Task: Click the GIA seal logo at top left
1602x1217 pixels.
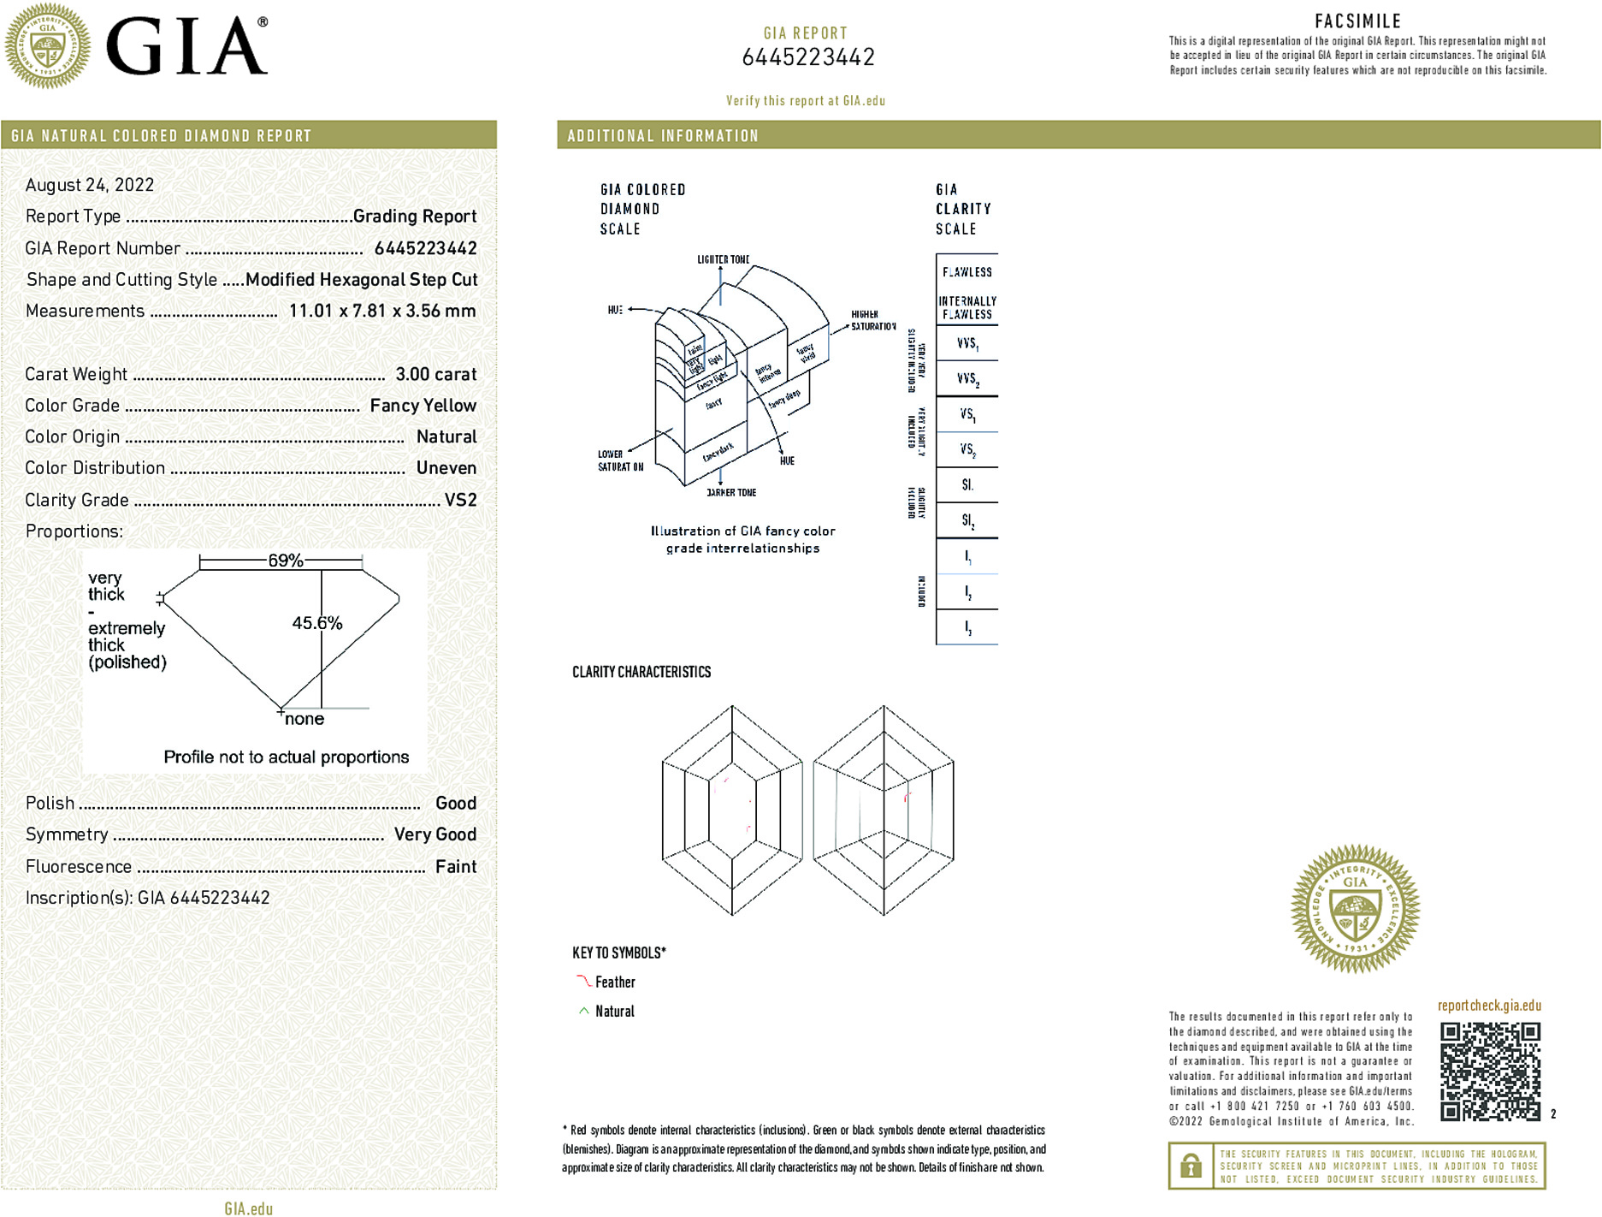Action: click(48, 46)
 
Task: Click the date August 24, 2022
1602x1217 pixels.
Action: click(90, 185)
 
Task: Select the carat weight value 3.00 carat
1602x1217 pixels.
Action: click(435, 374)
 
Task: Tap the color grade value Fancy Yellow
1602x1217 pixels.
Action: click(423, 406)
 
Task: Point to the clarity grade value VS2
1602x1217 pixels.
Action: click(460, 500)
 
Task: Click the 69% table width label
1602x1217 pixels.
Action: click(285, 561)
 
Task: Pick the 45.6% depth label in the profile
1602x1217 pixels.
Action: click(317, 623)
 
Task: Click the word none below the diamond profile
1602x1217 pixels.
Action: click(304, 719)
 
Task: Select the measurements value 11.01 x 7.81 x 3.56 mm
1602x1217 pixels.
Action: click(381, 311)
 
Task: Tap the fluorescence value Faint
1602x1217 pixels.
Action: click(456, 866)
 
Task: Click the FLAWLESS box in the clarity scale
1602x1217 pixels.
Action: click(967, 272)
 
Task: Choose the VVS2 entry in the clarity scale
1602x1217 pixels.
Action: click(967, 378)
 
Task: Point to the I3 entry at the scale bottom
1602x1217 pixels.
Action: click(967, 627)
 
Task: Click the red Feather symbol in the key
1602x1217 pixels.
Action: click(583, 982)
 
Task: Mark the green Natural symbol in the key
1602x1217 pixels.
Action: click(583, 1011)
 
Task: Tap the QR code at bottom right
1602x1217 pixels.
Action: click(1490, 1071)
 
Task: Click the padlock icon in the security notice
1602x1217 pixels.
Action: click(1191, 1166)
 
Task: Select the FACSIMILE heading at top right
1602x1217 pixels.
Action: click(1357, 21)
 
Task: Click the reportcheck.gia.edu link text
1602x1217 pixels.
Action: click(1489, 1006)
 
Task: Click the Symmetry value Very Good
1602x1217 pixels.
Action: click(434, 834)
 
